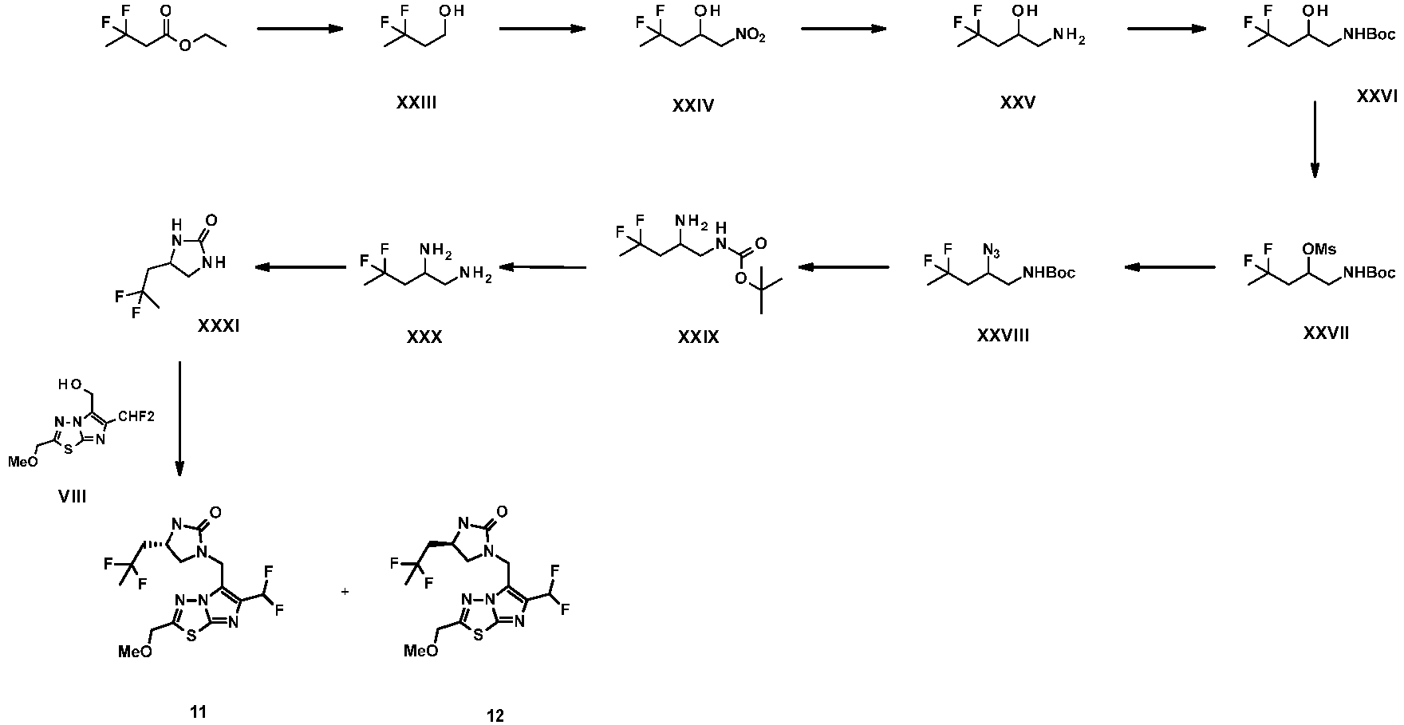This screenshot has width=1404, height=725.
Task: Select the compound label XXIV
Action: pos(692,104)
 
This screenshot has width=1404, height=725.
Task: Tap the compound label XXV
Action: pos(1017,103)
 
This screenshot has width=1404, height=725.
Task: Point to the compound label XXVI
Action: pos(1376,97)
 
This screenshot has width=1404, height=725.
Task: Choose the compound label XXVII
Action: pos(1326,333)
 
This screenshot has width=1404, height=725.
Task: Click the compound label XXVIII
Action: pos(1003,336)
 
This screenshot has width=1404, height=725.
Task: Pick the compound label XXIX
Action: pos(698,337)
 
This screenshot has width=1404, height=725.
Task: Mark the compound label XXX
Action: pos(424,337)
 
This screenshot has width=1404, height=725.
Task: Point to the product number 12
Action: pos(495,715)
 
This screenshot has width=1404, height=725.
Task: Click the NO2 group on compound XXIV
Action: pos(750,35)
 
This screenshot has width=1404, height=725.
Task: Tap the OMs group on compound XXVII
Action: pos(1319,250)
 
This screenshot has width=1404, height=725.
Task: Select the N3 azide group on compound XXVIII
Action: pos(992,250)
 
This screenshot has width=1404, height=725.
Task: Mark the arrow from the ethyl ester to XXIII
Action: pos(299,30)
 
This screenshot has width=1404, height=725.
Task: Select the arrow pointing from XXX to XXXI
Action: pos(300,269)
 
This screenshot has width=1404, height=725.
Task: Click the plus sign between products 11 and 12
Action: pos(345,592)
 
